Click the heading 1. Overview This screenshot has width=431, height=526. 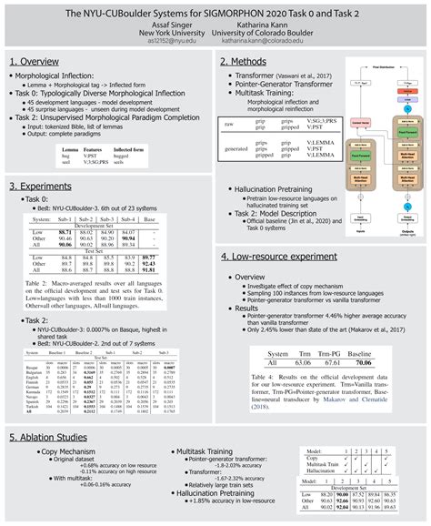[x=42, y=61]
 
